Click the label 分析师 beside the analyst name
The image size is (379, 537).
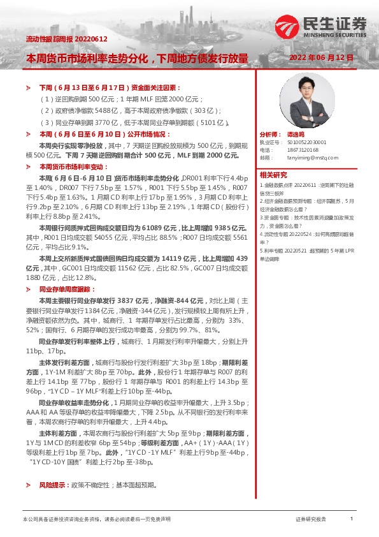click(x=270, y=135)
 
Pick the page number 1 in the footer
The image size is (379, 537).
click(x=352, y=520)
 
